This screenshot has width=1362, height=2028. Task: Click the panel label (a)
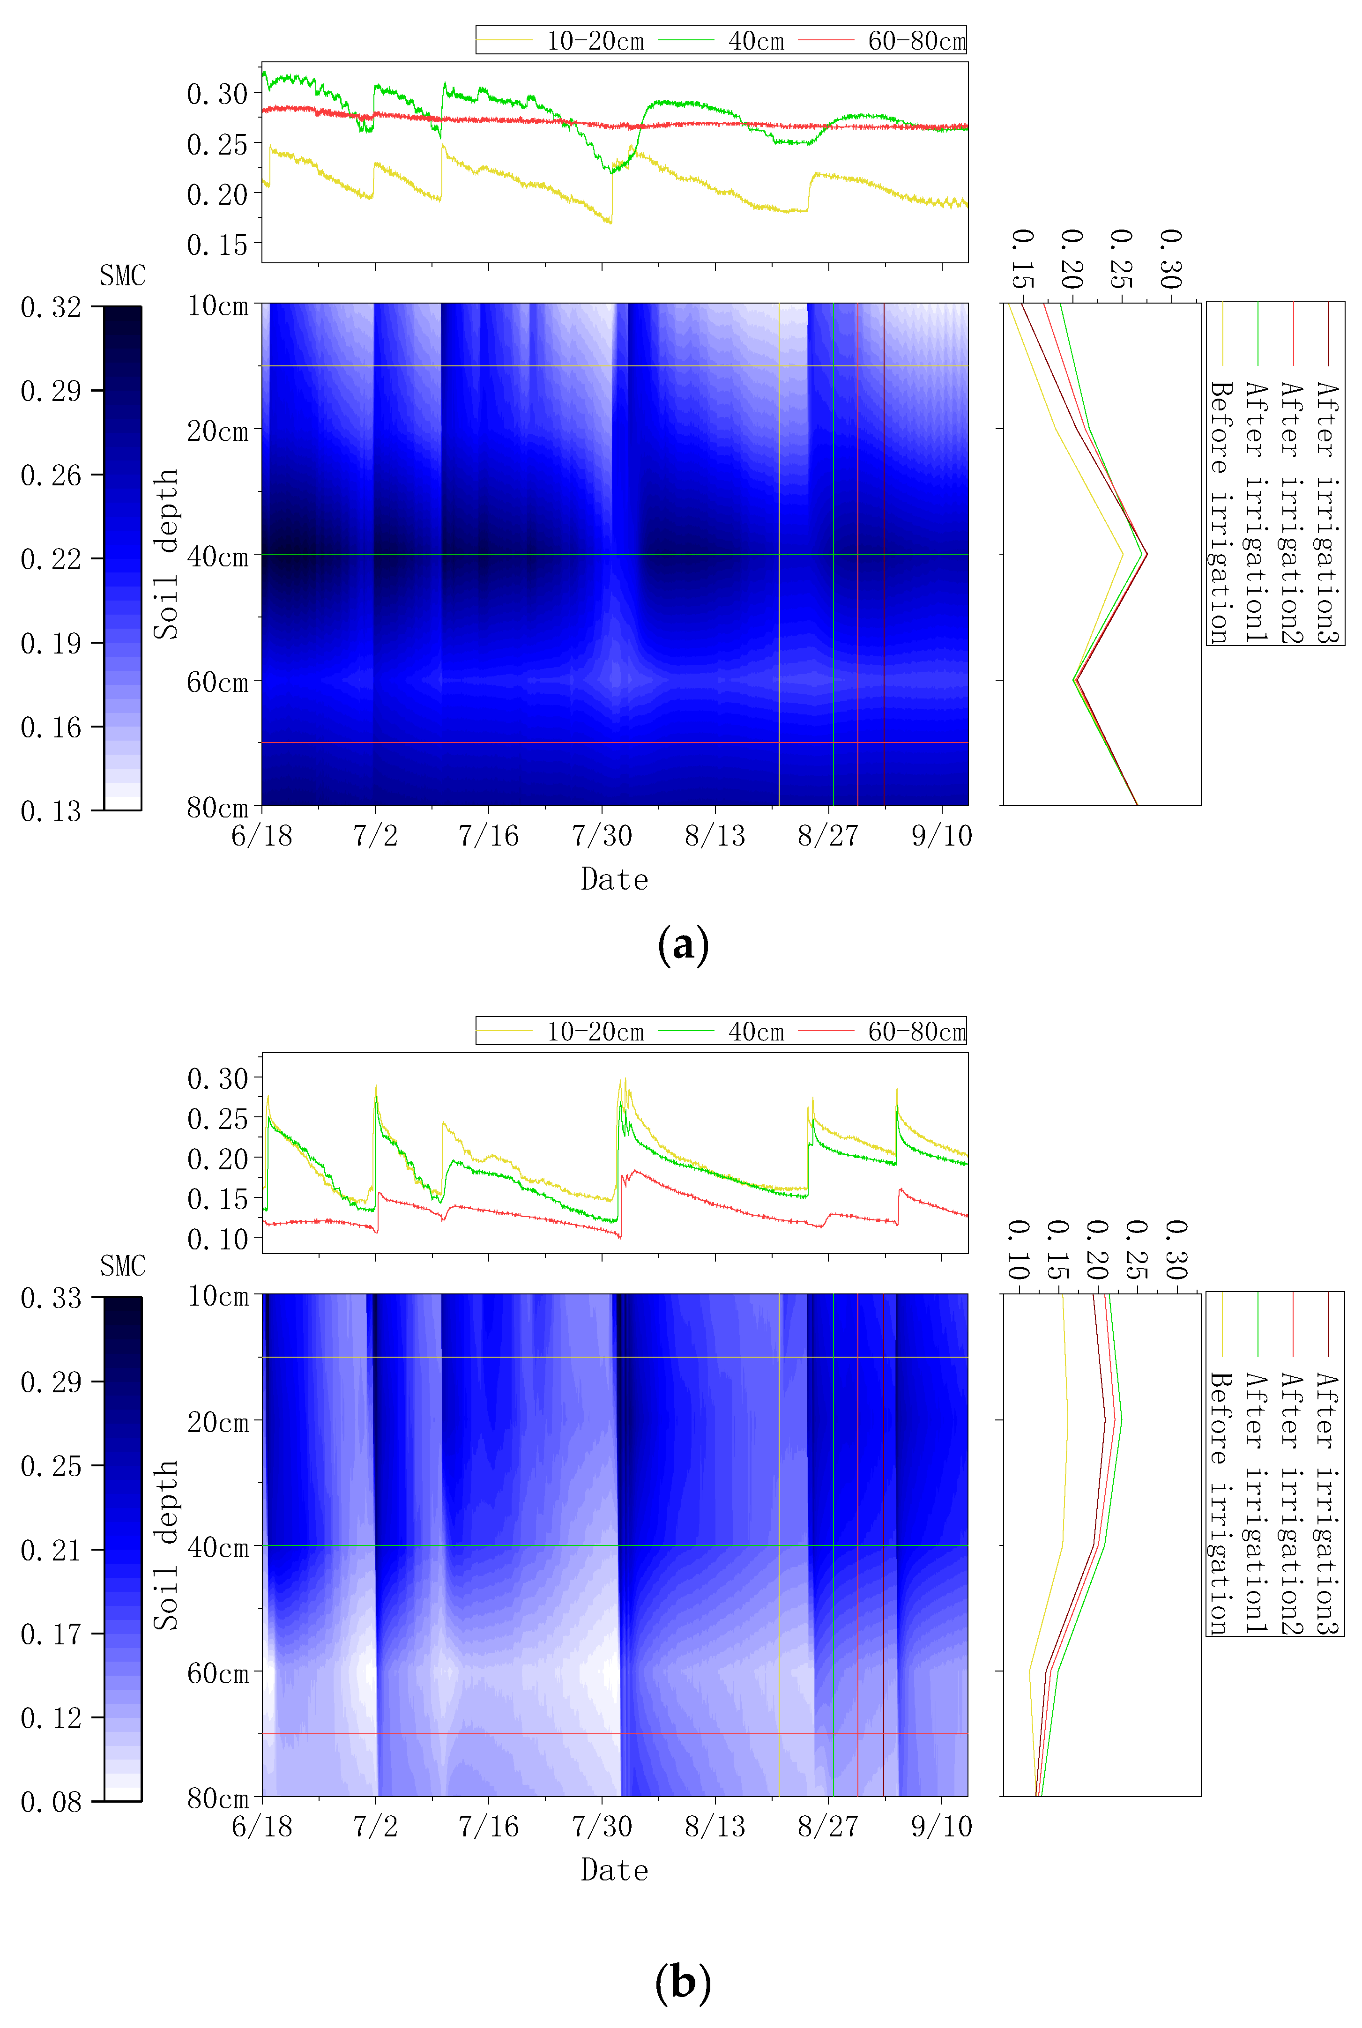(683, 944)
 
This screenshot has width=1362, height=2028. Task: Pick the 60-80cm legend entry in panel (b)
(916, 1032)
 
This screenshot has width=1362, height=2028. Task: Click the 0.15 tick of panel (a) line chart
(217, 245)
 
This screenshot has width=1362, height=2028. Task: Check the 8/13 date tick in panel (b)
(715, 1827)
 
